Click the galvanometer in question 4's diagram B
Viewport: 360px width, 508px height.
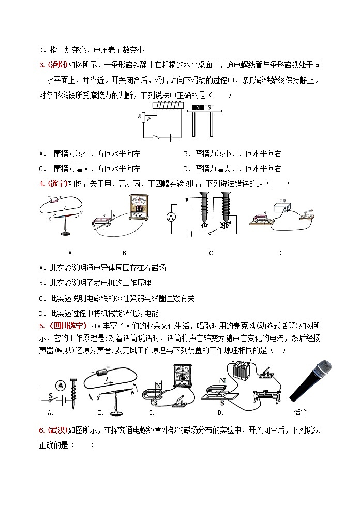(138, 208)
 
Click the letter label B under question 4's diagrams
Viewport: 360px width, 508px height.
(124, 253)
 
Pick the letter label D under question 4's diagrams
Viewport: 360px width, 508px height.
(279, 253)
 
